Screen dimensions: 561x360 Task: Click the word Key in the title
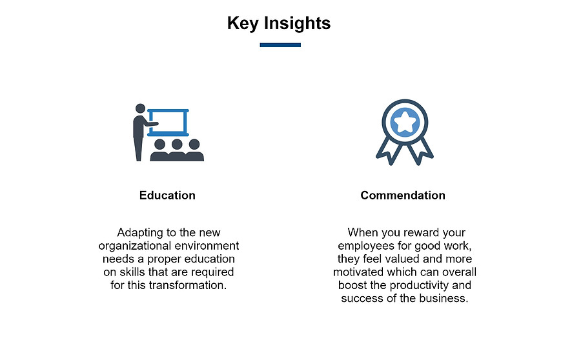pyautogui.click(x=243, y=24)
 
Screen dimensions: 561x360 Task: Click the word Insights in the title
pyautogui.click(x=298, y=24)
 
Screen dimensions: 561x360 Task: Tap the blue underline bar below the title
pyautogui.click(x=280, y=45)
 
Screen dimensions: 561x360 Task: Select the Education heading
pyautogui.click(x=167, y=195)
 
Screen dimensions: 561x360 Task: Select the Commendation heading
pyautogui.click(x=403, y=195)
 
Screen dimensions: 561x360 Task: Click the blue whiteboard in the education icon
pyautogui.click(x=168, y=111)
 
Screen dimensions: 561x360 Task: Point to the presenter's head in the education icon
pyautogui.click(x=140, y=108)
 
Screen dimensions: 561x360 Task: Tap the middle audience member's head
pyautogui.click(x=177, y=144)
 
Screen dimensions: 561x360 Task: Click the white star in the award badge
pyautogui.click(x=405, y=123)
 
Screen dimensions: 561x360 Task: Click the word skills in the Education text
pyautogui.click(x=132, y=272)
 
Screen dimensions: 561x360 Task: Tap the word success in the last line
pyautogui.click(x=362, y=299)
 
